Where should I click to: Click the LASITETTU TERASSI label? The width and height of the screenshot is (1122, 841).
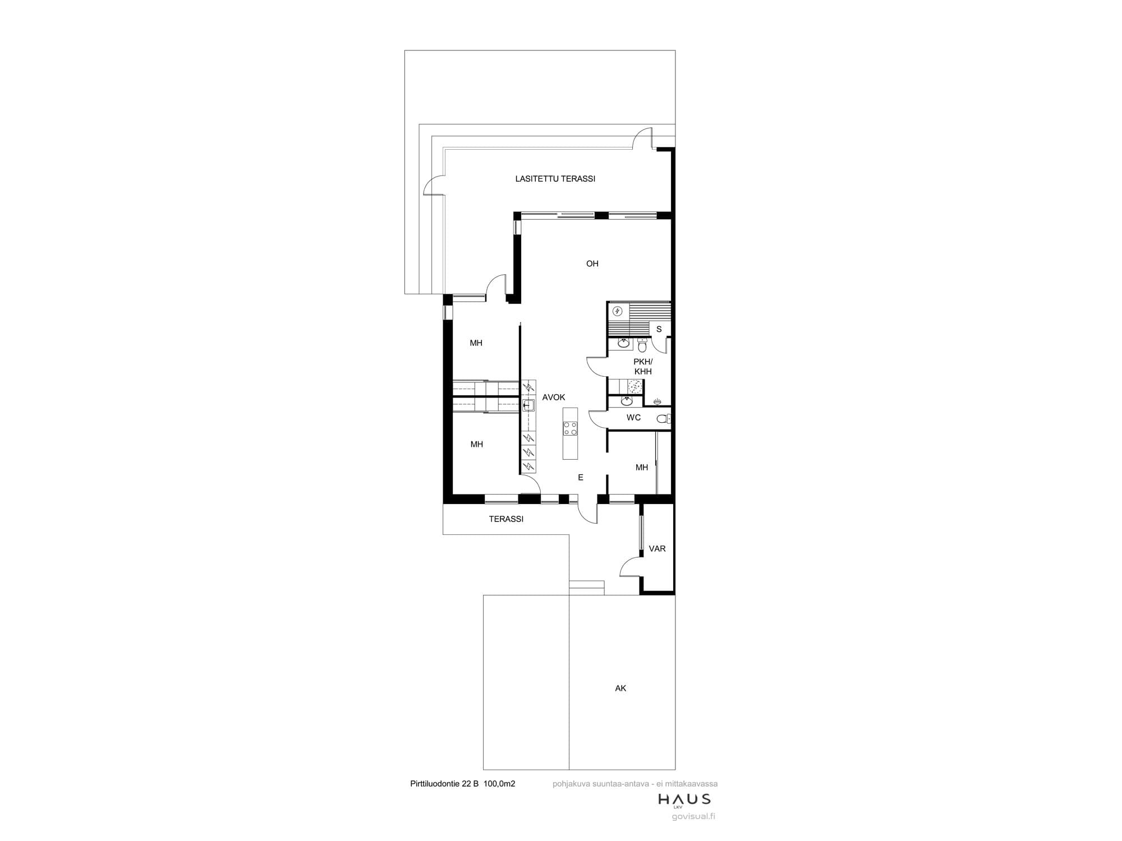[555, 179]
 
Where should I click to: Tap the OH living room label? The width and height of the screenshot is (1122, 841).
[592, 264]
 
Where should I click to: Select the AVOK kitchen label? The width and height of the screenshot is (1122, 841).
[554, 397]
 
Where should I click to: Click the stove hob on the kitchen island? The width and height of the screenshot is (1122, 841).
[570, 428]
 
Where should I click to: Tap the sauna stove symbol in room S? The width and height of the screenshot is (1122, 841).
[617, 311]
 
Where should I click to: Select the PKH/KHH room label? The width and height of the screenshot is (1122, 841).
[643, 367]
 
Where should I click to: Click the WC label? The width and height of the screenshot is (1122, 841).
[633, 418]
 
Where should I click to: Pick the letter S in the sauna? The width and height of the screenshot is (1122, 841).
[659, 329]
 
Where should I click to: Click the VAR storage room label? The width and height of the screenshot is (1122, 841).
[657, 549]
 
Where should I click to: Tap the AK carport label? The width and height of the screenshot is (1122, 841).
[620, 688]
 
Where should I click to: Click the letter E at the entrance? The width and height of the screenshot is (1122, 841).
[581, 478]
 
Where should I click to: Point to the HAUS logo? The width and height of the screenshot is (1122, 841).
[684, 800]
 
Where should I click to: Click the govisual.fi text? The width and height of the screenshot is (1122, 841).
[693, 816]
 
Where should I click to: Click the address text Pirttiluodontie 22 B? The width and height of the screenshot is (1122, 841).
[444, 784]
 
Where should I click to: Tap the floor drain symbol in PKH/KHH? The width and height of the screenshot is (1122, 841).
[658, 401]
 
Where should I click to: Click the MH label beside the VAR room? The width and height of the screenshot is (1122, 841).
[642, 468]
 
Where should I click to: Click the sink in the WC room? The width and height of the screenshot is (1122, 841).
[627, 401]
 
